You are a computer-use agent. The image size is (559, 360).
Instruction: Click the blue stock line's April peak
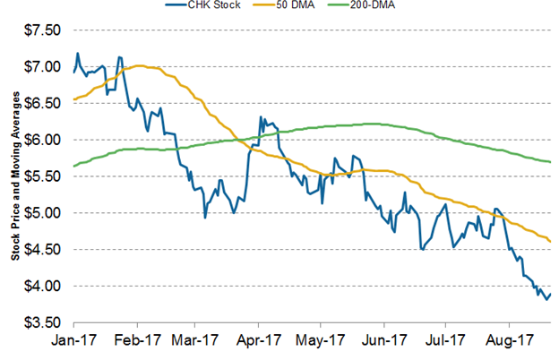tap(260, 116)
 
